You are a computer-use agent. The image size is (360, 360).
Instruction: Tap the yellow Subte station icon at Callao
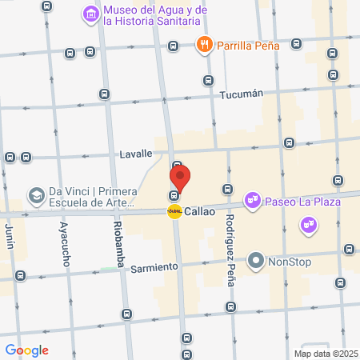click(x=174, y=212)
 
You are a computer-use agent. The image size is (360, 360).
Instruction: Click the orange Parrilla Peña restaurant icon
click(x=205, y=45)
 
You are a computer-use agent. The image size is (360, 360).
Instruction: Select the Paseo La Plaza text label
click(x=303, y=201)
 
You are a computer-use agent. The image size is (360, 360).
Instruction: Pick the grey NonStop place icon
click(x=256, y=260)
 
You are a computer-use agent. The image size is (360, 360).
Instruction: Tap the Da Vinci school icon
click(x=36, y=195)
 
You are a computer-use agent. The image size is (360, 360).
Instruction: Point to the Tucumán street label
click(x=241, y=94)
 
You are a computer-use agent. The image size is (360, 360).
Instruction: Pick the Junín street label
click(x=10, y=238)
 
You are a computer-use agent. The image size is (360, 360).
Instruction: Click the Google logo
click(x=27, y=350)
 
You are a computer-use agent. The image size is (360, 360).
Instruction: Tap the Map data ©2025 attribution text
click(x=325, y=354)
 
